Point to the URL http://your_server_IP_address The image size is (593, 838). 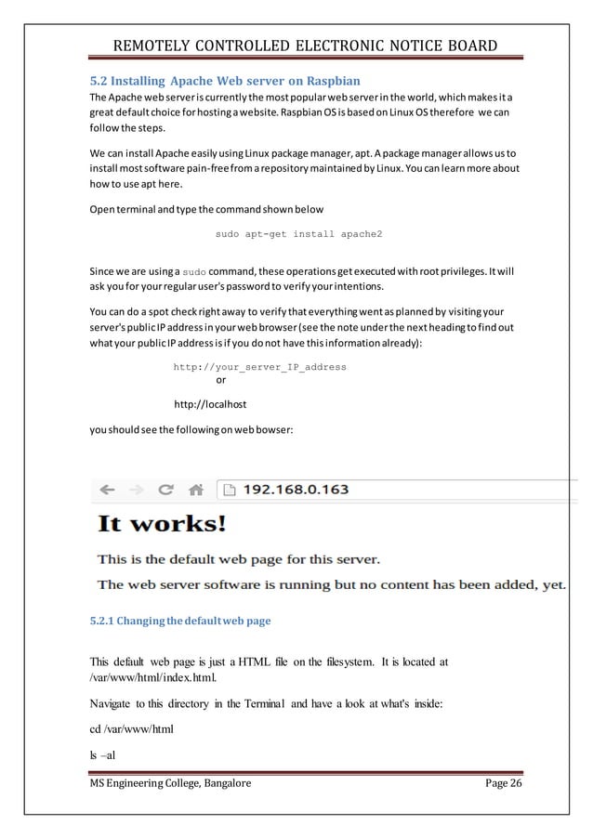click(259, 367)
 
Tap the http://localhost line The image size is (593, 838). click(210, 405)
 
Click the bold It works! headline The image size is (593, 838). click(162, 524)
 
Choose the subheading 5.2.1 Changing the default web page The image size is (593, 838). click(179, 620)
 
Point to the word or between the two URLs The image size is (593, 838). click(220, 380)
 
